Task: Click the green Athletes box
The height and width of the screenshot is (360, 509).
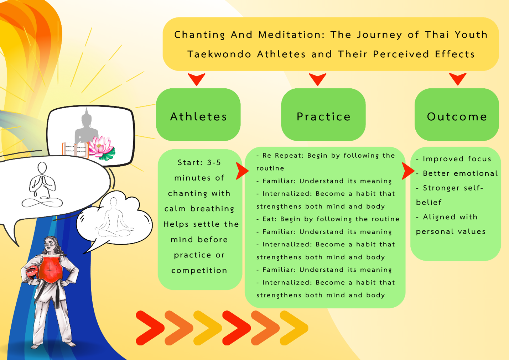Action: (198, 115)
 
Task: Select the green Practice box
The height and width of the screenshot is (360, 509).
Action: (323, 115)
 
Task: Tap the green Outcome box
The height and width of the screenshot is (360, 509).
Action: (457, 115)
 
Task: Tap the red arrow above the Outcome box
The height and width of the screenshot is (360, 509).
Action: (457, 79)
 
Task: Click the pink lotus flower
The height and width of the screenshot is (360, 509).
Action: (101, 147)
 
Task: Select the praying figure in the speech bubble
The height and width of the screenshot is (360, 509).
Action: (42, 185)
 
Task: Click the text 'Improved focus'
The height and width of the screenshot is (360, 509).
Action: (457, 159)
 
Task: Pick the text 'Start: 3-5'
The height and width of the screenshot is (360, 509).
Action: (199, 162)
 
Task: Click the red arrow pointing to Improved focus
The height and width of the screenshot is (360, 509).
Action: (407, 171)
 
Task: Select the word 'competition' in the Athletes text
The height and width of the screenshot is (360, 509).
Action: (199, 271)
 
